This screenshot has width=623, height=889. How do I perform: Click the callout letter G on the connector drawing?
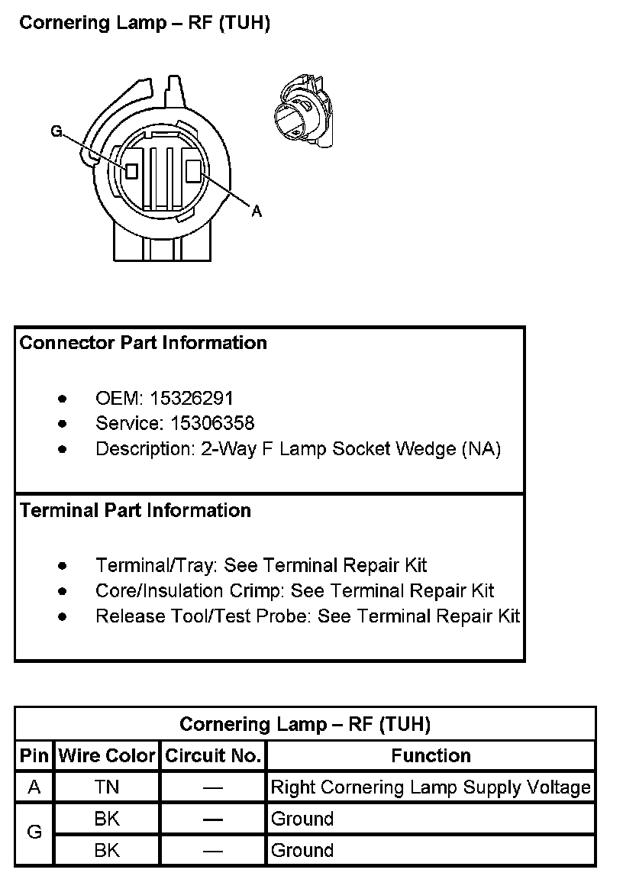tap(56, 131)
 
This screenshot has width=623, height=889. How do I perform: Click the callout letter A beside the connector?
tap(257, 212)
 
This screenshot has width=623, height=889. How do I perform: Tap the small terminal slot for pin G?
tap(131, 170)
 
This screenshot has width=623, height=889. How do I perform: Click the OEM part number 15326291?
tap(192, 398)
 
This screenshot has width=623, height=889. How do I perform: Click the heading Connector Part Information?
tap(144, 343)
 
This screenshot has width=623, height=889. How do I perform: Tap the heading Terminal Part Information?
tap(135, 510)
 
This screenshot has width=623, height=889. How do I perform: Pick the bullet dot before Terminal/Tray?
tap(62, 566)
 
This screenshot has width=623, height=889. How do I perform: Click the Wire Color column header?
tap(107, 756)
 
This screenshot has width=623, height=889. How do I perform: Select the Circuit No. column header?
tap(213, 756)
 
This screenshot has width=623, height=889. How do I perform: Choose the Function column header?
tap(431, 756)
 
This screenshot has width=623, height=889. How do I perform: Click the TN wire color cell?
tap(107, 787)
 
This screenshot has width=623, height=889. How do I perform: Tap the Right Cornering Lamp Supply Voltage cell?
tap(431, 787)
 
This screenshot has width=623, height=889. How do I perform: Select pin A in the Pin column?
tap(34, 787)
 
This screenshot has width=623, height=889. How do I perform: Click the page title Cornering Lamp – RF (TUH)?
tap(145, 23)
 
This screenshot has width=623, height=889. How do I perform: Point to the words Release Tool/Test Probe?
tap(202, 616)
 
